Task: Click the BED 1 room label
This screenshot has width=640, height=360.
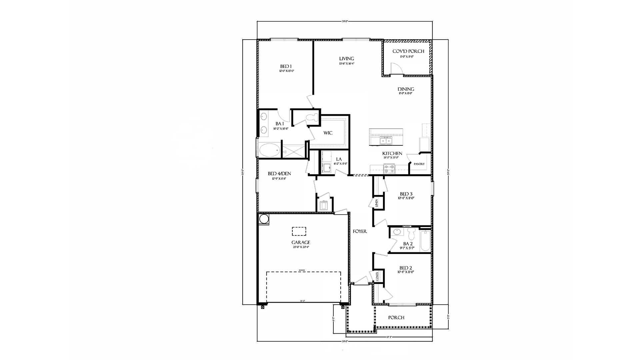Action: [x=285, y=66]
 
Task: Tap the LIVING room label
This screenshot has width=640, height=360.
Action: [x=346, y=59]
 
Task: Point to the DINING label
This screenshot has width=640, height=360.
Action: [x=406, y=89]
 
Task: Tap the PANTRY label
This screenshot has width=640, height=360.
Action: [x=419, y=164]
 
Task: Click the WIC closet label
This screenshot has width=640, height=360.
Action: [x=328, y=133]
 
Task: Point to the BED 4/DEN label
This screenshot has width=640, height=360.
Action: [x=279, y=174]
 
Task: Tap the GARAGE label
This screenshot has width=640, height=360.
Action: [x=301, y=242]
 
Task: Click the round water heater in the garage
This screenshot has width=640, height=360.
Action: [x=264, y=219]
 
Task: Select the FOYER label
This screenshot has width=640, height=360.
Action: [x=360, y=231]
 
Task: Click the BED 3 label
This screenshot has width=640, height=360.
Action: [x=406, y=194]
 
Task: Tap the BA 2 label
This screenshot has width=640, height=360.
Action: [x=408, y=244]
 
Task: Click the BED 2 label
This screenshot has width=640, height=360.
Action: [x=406, y=268]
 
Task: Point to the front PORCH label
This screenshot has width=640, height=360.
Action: [x=396, y=318]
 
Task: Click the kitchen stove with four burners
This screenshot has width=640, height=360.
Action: [x=389, y=169]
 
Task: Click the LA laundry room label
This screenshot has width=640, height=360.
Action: [x=339, y=159]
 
